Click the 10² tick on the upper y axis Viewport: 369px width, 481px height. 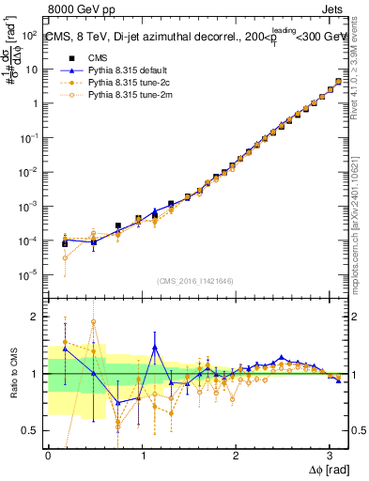coord(29,35)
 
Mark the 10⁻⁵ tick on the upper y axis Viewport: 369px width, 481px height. coord(29,275)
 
